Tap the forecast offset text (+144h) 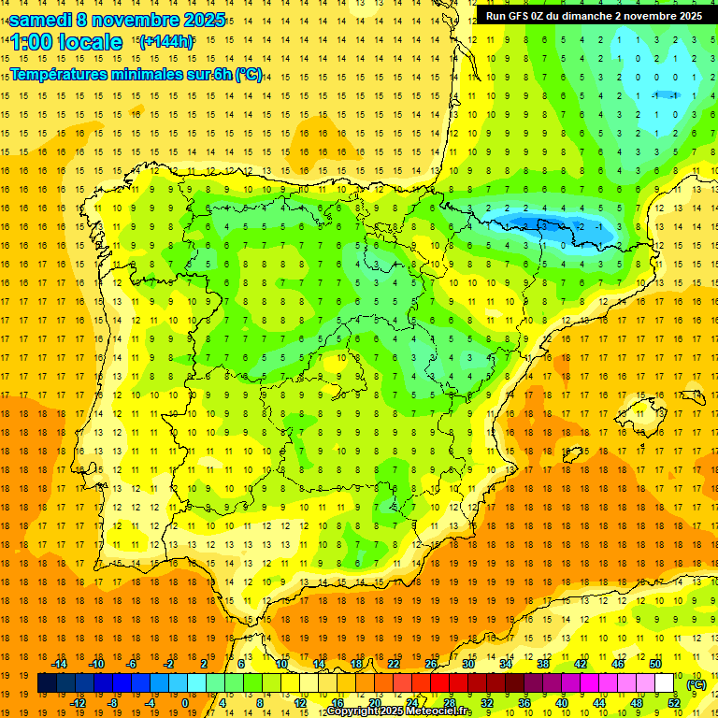165,41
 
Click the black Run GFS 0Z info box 595,15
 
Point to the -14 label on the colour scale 60,664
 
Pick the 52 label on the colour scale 674,703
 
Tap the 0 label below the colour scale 185,703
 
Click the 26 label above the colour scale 431,664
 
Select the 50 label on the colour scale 655,664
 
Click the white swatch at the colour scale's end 665,683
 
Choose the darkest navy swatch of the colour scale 47,683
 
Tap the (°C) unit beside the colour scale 696,684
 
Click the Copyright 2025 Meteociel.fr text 398,711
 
